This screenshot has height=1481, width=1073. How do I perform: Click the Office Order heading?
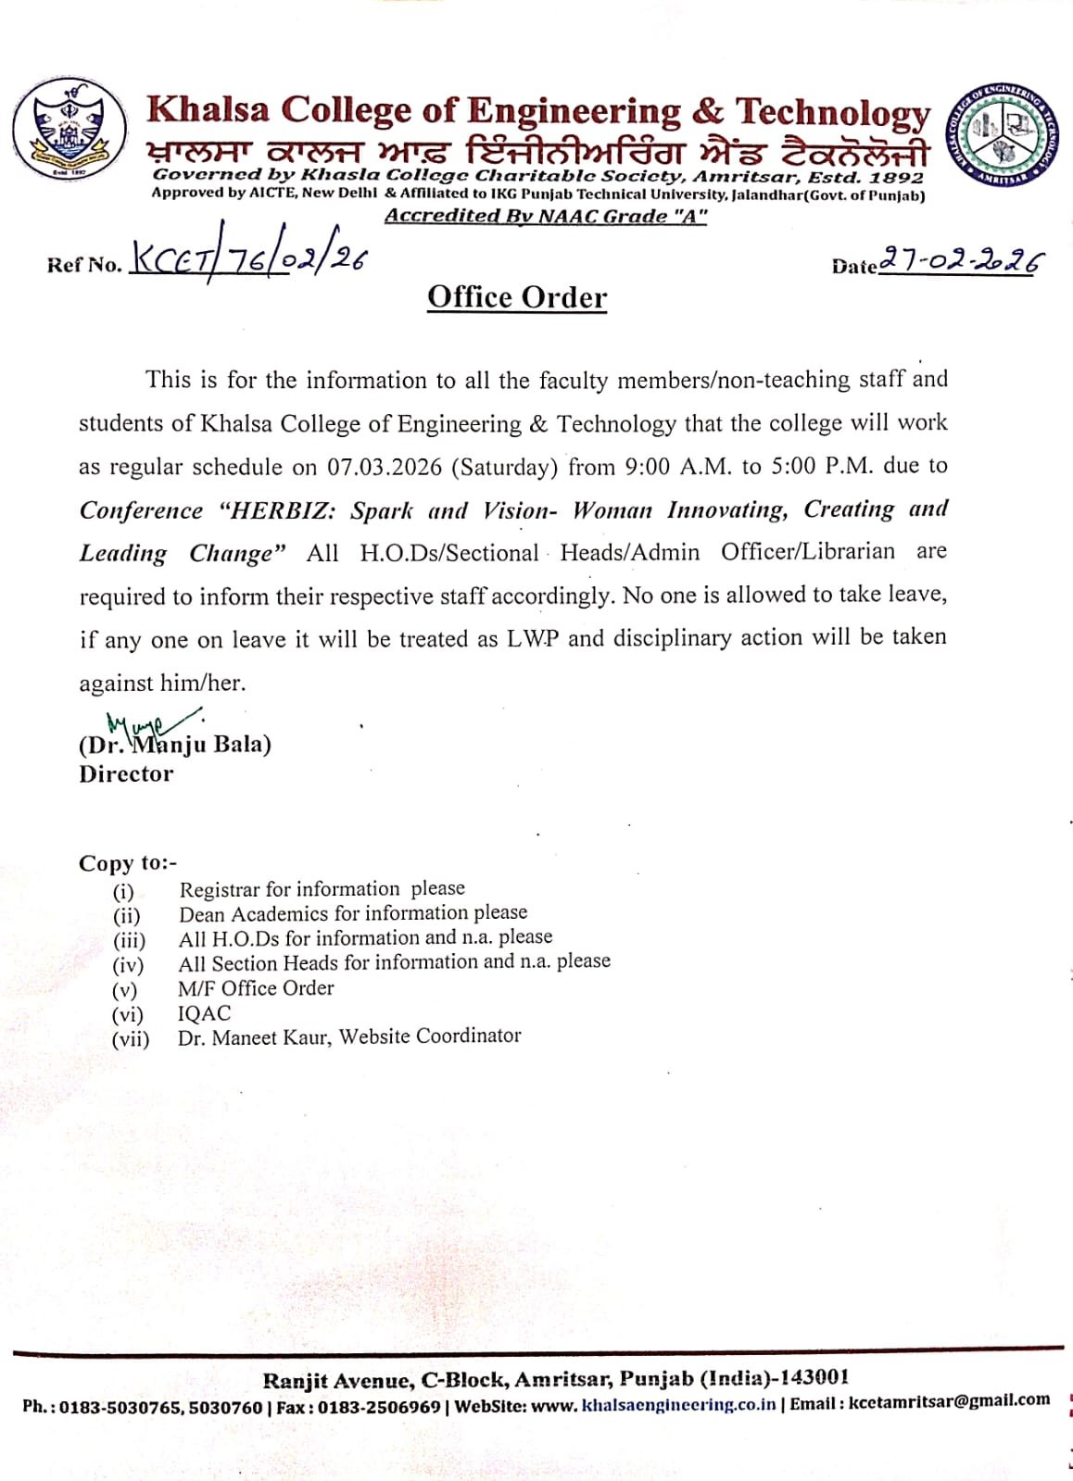(517, 297)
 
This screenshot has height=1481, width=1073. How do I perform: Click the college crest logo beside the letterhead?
(70, 130)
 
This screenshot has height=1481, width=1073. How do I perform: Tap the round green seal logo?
(1004, 134)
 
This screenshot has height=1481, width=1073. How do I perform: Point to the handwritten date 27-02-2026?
(959, 262)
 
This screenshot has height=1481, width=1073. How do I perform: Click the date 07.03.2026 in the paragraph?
(385, 467)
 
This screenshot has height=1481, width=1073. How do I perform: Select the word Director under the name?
(126, 774)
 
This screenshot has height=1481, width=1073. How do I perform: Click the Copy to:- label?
(128, 863)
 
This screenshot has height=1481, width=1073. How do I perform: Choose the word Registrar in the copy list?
(220, 890)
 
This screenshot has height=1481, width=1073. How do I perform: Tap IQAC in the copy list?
(205, 1013)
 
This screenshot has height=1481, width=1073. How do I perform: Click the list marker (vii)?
(131, 1039)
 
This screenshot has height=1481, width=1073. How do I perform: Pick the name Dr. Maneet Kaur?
(253, 1037)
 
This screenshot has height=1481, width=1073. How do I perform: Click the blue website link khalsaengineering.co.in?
(678, 1405)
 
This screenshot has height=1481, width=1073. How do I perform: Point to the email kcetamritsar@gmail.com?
(949, 1401)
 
